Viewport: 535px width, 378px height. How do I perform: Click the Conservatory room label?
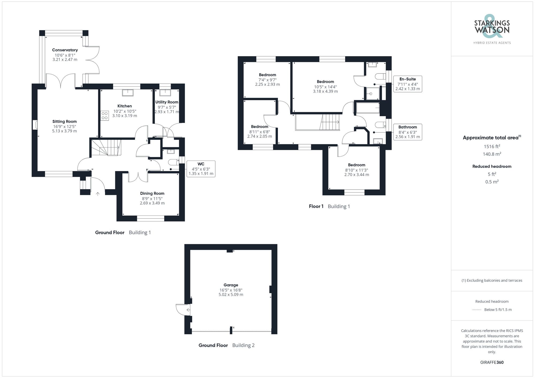click(65, 50)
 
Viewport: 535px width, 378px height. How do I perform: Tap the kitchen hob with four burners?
click(105, 115)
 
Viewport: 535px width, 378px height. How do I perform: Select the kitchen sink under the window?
click(128, 92)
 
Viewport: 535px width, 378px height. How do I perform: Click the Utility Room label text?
click(167, 102)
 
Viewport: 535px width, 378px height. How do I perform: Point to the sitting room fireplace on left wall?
click(35, 125)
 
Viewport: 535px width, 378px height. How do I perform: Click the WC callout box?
click(201, 169)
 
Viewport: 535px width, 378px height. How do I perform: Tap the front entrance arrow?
click(98, 194)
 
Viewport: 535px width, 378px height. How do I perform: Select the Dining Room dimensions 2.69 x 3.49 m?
click(152, 203)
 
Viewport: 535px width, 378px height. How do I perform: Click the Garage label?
click(231, 285)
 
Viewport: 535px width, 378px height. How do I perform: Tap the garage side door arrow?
click(188, 310)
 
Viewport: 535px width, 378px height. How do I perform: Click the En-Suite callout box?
click(407, 84)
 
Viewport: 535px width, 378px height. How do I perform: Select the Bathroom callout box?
click(407, 132)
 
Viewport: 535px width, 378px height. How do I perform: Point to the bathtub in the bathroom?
click(368, 108)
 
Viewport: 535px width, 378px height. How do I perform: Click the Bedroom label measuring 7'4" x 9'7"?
click(267, 75)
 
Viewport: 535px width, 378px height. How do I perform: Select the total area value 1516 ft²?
click(492, 146)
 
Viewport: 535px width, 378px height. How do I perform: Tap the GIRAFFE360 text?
click(492, 362)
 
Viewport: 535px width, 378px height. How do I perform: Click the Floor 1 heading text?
click(316, 206)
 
